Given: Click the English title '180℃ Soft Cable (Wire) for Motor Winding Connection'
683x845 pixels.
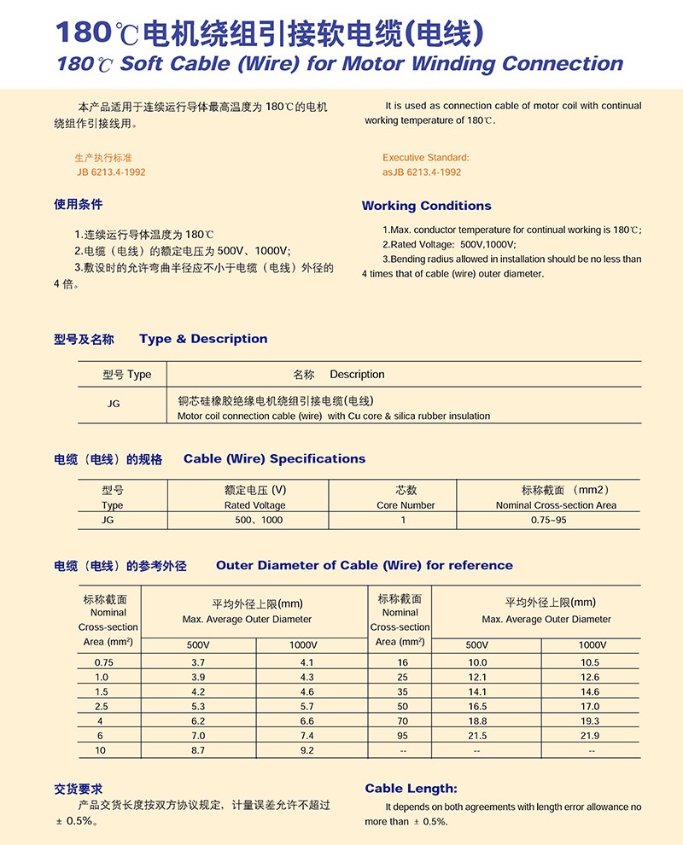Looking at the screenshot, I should (340, 64).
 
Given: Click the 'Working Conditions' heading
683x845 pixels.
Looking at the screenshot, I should (426, 206).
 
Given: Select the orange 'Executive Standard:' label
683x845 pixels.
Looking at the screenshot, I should (425, 157).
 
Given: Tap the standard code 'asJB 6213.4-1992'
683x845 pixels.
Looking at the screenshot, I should (422, 172).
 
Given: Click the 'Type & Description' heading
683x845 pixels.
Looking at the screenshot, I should (203, 339).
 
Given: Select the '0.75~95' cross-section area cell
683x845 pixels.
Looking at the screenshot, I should (548, 520).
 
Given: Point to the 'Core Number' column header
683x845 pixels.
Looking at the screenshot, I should (406, 505).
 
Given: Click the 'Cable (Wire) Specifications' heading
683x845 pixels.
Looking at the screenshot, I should (274, 459).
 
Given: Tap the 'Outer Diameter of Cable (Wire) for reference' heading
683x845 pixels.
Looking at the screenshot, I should (365, 565).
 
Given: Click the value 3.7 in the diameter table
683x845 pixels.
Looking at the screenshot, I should (198, 662).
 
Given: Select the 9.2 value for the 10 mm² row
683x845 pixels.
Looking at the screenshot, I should (307, 750).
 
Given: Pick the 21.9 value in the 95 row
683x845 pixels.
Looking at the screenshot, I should (589, 736).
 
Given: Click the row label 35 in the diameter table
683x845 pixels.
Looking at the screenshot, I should (403, 692).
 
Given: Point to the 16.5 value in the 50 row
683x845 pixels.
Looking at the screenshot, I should (477, 707).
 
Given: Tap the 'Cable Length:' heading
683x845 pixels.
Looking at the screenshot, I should (411, 789).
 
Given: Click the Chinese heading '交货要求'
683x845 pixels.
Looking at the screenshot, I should (79, 789).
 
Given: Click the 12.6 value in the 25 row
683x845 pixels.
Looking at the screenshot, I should (589, 678).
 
